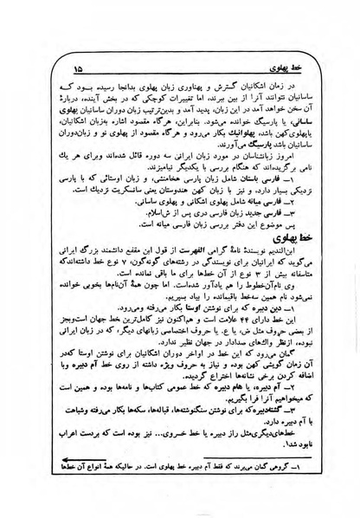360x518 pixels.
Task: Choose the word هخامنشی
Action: point(151,179)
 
